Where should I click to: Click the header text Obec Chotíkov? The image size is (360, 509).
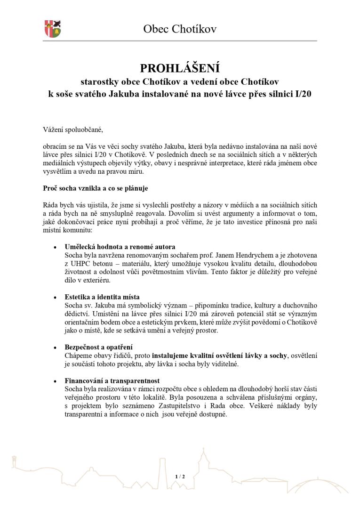point(180,29)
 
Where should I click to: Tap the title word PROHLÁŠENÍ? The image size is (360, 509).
point(180,68)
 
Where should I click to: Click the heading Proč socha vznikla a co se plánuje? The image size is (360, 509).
point(95,188)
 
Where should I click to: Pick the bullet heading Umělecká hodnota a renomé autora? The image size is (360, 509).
point(120,247)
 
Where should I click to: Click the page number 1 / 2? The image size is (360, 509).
point(180,477)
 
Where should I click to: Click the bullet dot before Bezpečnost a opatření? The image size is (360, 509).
point(55,348)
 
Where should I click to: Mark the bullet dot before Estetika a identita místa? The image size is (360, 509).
point(55,298)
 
